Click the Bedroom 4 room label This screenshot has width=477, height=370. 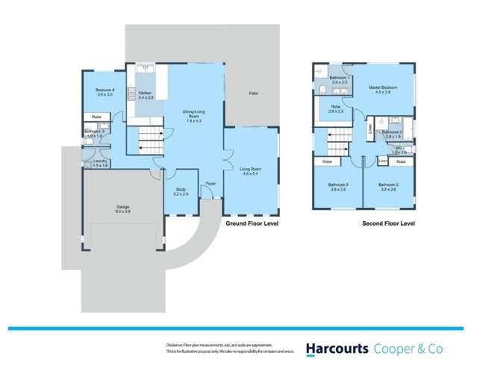pos(104,92)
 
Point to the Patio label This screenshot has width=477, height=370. pos(252,93)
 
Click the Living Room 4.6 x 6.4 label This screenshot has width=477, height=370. pos(250,171)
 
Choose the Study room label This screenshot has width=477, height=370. pos(181,191)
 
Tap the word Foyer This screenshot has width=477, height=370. pos(211,182)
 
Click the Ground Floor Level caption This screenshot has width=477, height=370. pos(251,223)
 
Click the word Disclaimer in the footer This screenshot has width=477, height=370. pos(176,345)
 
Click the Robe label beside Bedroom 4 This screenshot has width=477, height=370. pos(97,117)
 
